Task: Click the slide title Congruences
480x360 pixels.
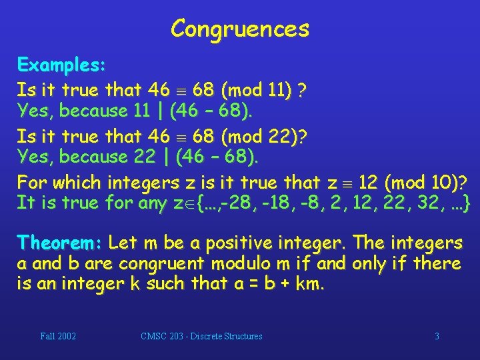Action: [x=240, y=28]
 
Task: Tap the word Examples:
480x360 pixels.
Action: [x=61, y=65]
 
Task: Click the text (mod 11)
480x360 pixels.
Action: [x=257, y=89]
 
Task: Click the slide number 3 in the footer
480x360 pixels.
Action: [x=437, y=336]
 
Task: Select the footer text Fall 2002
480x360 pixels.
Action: [x=58, y=336]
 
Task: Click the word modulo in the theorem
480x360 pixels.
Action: [x=225, y=264]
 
